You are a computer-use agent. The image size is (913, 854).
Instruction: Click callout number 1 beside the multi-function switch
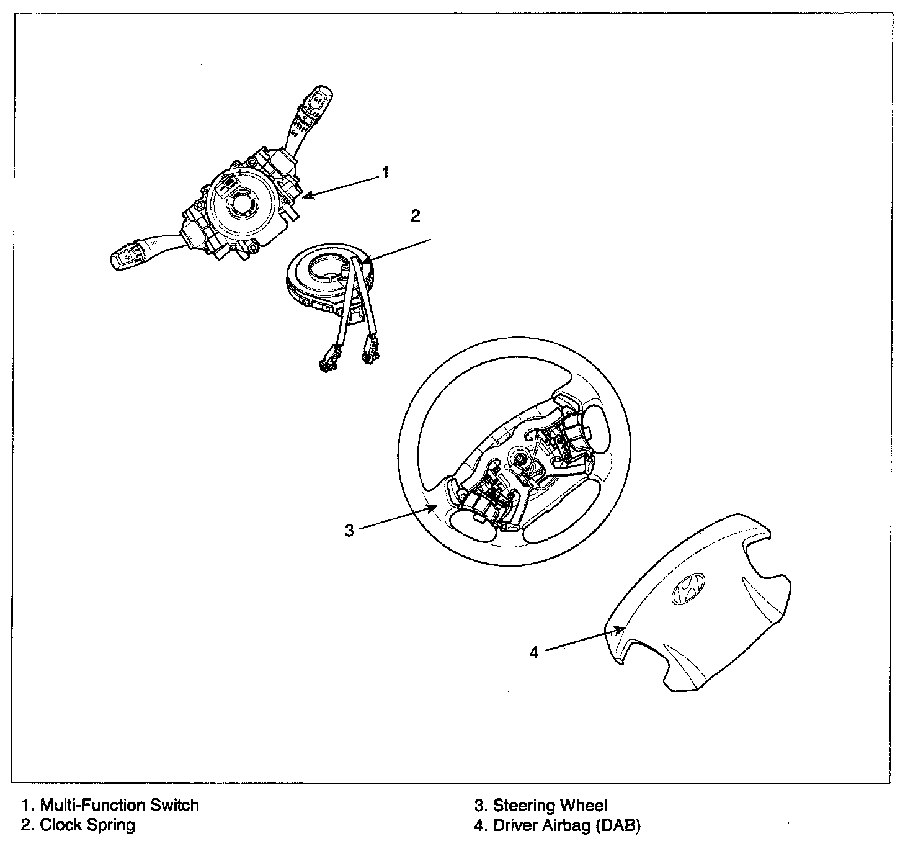385,173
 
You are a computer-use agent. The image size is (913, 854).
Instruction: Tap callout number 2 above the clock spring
416,215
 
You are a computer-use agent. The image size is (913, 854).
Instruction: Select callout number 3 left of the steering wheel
349,530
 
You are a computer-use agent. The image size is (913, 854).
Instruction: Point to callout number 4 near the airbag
534,652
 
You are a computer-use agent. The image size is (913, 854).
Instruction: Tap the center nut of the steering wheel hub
519,459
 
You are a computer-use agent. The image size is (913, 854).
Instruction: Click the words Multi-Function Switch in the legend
119,806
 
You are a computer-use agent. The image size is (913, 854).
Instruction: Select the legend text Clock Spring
87,825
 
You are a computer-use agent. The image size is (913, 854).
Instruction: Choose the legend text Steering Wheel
550,806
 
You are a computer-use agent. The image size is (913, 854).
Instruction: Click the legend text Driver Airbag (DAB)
566,825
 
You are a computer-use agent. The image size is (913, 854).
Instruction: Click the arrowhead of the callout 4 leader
621,629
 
